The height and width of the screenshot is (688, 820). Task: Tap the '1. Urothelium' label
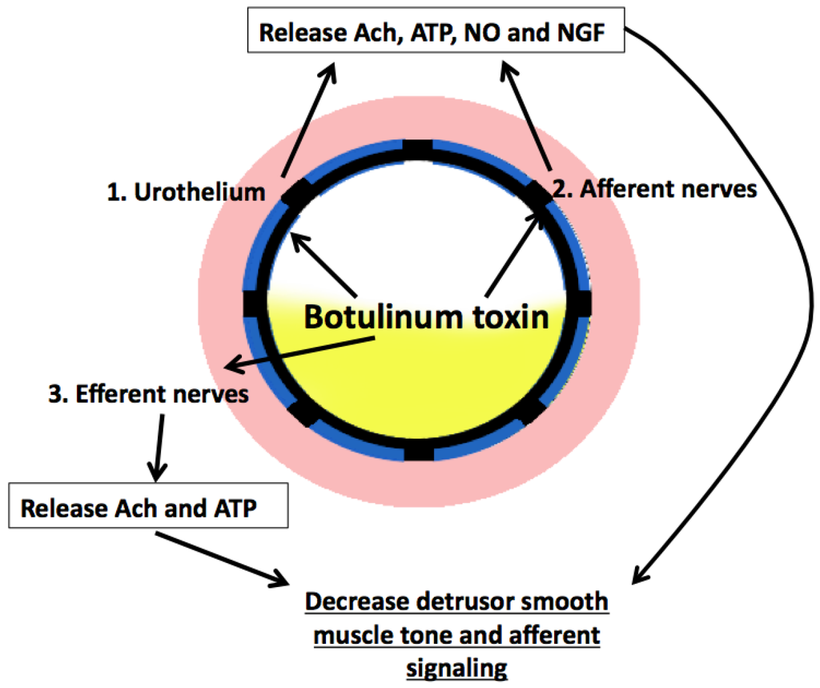tap(186, 191)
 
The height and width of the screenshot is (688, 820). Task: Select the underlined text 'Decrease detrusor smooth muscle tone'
tap(457, 618)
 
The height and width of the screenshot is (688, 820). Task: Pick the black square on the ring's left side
tap(254, 304)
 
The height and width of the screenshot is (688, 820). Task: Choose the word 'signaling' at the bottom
tap(457, 667)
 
